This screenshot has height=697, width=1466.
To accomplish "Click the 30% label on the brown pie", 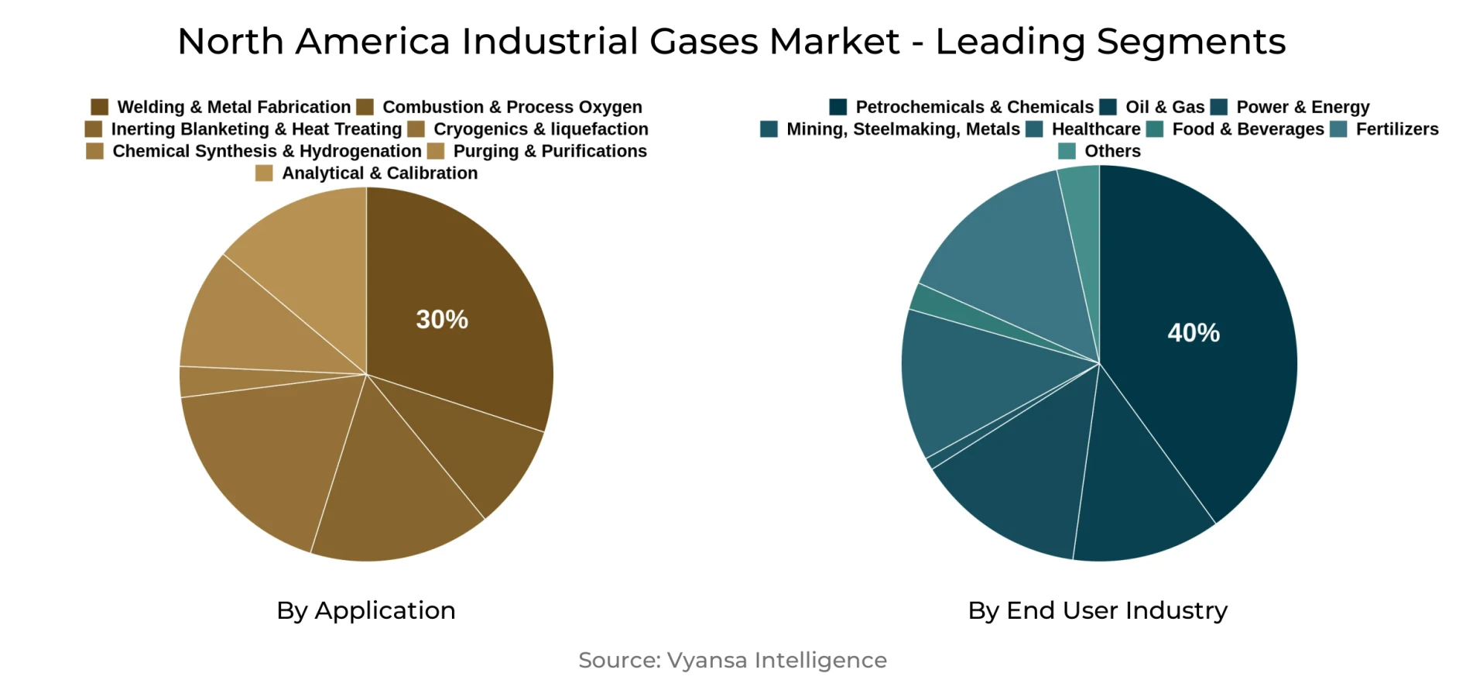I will (x=442, y=319).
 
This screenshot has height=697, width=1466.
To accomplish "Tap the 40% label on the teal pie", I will (x=1193, y=332).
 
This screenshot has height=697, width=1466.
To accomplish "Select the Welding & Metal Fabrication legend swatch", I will (x=99, y=107).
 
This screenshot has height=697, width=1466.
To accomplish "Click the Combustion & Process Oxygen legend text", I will (x=512, y=107).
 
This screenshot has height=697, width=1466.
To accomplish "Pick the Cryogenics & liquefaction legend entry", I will (x=540, y=129).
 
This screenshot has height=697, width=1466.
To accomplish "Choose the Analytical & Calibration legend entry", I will (x=379, y=173).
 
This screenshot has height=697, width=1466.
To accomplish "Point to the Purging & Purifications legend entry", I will (x=550, y=151).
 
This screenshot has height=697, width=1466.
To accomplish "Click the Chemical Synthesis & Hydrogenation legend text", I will (x=267, y=151).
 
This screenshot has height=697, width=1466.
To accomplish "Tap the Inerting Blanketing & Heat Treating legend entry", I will (x=255, y=129).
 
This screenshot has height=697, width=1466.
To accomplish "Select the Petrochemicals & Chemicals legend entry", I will (x=974, y=107).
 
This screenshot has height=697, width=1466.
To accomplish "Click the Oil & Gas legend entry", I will (x=1164, y=107).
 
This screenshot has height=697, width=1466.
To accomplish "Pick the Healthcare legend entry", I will (x=1095, y=129).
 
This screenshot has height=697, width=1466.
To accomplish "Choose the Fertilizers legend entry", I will (x=1396, y=129).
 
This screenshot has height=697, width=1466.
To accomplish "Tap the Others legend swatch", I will (x=1067, y=151).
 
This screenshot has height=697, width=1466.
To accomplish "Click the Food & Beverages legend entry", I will (x=1248, y=129).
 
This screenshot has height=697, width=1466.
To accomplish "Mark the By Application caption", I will (x=366, y=610).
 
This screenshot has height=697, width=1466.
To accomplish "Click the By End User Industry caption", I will (x=1098, y=610).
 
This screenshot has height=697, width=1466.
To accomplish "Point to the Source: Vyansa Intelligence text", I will (x=732, y=660).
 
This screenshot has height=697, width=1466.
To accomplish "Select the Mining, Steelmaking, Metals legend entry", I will (x=903, y=129).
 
